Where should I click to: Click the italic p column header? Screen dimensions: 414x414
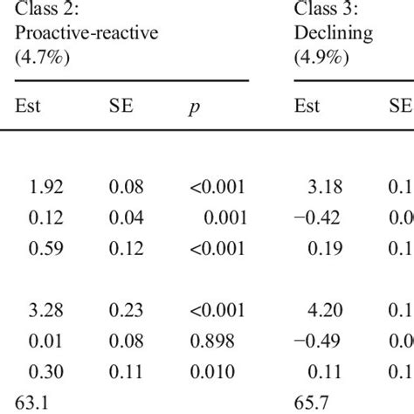click(193, 109)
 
